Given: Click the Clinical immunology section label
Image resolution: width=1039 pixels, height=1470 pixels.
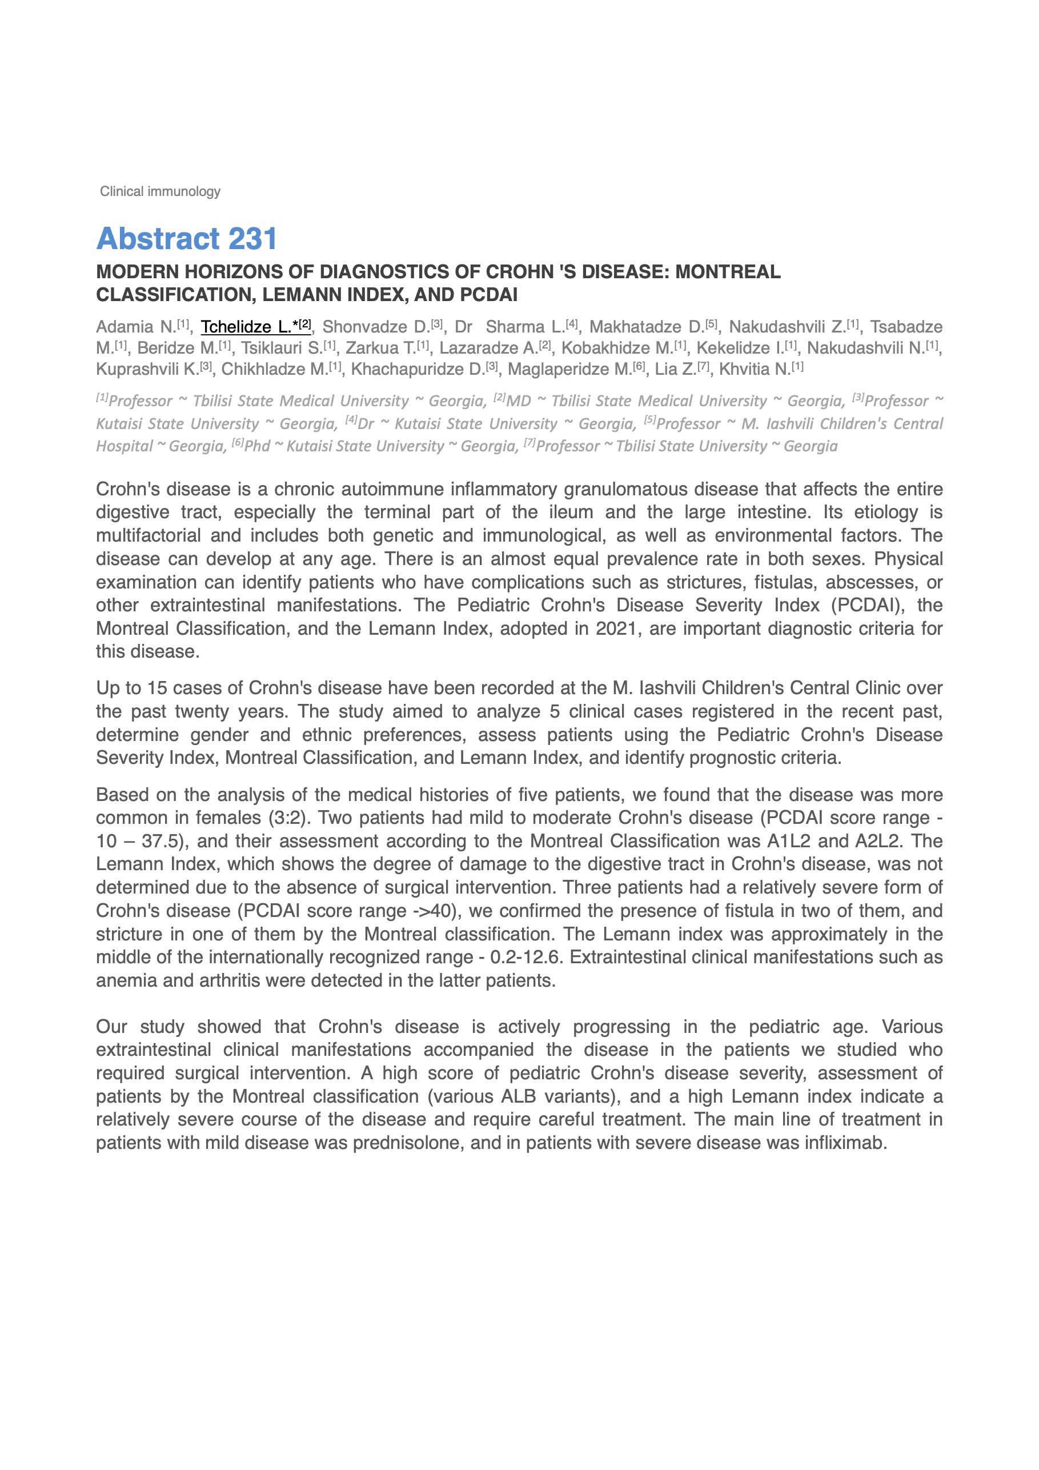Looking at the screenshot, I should click(160, 191).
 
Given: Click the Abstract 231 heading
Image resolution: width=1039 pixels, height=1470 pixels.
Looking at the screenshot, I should click(186, 239).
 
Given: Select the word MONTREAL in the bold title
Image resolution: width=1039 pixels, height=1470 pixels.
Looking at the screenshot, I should click(728, 272).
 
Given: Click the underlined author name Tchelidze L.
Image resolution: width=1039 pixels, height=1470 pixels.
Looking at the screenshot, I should click(246, 327).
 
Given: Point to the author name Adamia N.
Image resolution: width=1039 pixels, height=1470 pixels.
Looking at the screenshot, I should click(136, 327).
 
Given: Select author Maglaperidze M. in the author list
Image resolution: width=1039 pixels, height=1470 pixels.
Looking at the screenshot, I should click(569, 370).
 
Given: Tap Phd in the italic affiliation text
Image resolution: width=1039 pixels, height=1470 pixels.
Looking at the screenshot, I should click(258, 446).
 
